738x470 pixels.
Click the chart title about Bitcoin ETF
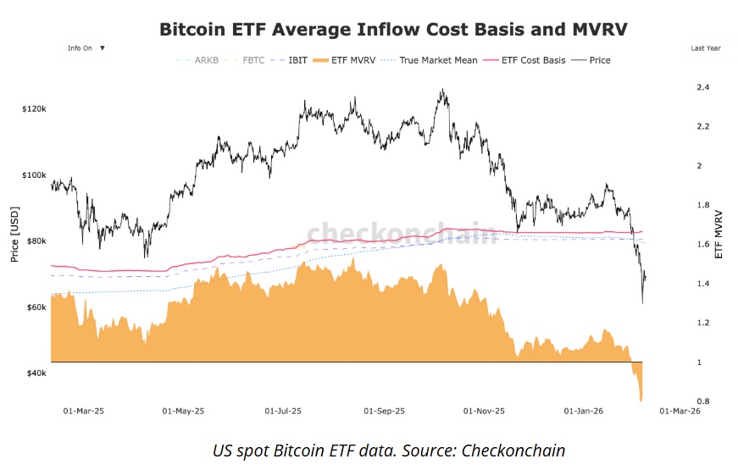pyautogui.click(x=393, y=29)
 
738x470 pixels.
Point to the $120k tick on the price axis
pyautogui.click(x=34, y=109)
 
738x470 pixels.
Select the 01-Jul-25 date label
pyautogui.click(x=283, y=412)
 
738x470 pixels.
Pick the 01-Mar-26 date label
pyautogui.click(x=680, y=412)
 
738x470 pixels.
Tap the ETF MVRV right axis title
pyautogui.click(x=719, y=233)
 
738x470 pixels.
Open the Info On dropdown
pyautogui.click(x=86, y=48)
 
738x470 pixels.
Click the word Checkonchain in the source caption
pyautogui.click(x=513, y=451)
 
